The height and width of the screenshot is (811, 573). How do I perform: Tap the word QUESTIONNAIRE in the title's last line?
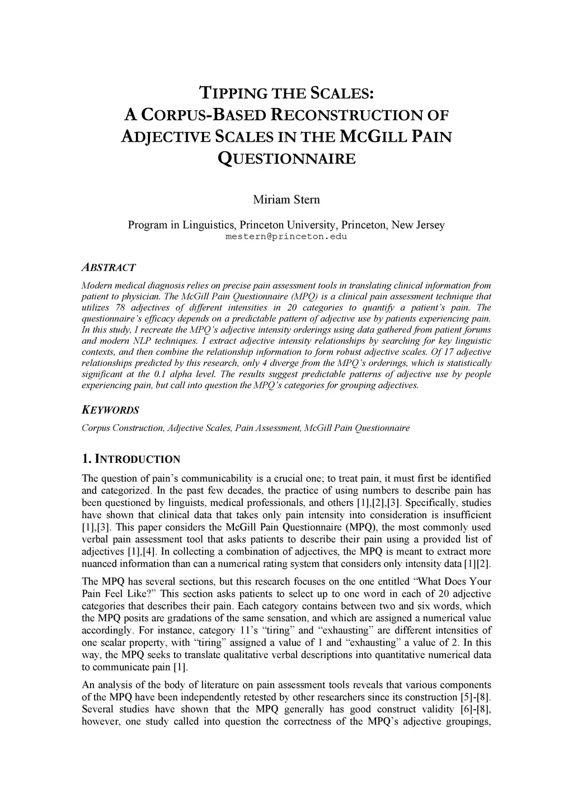(286, 159)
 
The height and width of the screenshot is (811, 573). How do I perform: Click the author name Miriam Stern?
(286, 200)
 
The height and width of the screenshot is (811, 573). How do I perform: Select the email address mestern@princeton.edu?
(286, 237)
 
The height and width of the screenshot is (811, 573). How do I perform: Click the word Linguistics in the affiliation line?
(207, 225)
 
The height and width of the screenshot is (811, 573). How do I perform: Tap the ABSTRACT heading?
(109, 267)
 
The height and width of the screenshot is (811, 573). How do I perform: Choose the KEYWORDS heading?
(110, 410)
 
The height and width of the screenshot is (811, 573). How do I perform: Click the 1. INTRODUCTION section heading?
(131, 460)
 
